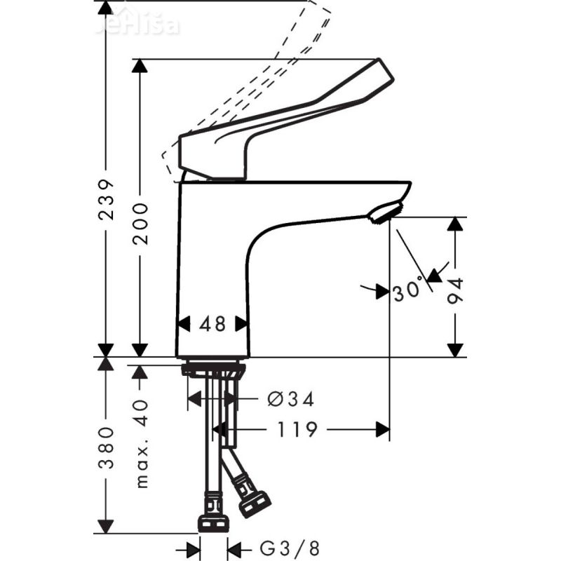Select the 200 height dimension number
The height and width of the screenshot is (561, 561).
[141, 223]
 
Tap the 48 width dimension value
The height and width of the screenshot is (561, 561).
[212, 324]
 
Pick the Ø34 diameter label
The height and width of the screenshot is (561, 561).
[290, 400]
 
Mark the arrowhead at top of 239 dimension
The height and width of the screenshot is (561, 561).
[105, 8]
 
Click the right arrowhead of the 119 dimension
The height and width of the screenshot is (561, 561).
[383, 429]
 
